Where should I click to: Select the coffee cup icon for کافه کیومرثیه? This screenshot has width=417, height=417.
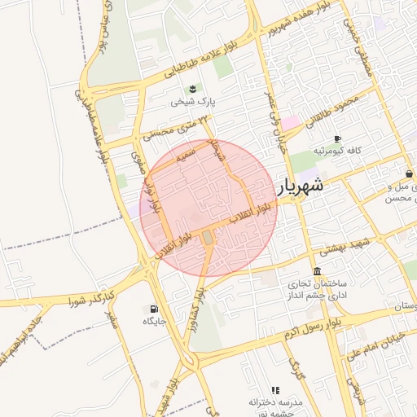pos(337,139)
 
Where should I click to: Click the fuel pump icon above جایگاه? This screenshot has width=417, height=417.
pos(154,309)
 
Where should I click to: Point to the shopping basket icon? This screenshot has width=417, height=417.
pos(408,173)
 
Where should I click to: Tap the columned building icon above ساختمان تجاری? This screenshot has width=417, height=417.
pos(316,271)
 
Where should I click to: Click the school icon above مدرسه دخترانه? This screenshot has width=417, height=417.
pos(275,391)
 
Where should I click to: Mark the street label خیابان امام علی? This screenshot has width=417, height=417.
pos(376,344)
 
